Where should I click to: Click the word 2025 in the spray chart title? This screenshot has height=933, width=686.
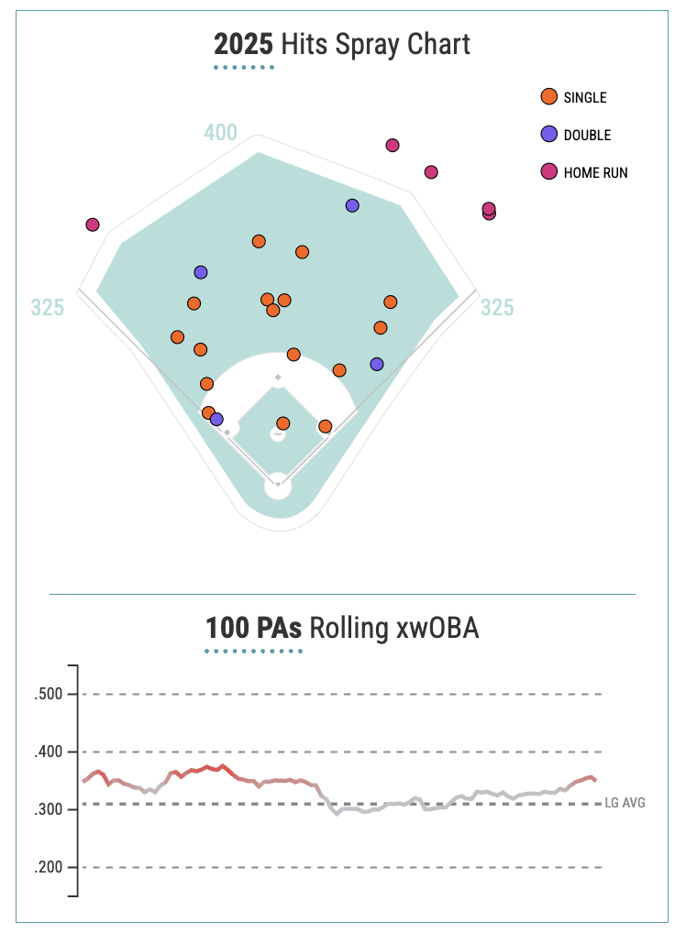[244, 44]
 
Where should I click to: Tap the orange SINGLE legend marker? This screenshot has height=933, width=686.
[549, 96]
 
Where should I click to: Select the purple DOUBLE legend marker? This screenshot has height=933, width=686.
[549, 134]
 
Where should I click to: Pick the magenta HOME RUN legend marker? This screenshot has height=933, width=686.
[549, 171]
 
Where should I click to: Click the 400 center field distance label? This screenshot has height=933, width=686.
[220, 133]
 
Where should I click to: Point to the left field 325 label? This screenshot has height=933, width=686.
[48, 308]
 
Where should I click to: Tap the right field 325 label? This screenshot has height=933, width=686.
[497, 308]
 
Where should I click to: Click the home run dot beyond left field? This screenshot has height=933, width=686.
[92, 225]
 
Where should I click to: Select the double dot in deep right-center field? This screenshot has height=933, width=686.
[352, 205]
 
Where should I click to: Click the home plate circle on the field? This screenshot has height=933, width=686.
[278, 486]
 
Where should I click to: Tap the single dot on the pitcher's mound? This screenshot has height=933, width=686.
[282, 423]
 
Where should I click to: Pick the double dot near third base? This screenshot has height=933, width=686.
[216, 420]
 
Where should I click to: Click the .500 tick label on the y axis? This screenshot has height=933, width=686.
[48, 694]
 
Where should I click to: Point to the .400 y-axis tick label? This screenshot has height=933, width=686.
[48, 752]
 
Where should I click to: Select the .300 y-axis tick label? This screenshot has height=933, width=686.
[48, 809]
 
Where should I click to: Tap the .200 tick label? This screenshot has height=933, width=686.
[48, 867]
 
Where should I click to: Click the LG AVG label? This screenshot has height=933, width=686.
[625, 803]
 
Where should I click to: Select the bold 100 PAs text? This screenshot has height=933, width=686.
[253, 629]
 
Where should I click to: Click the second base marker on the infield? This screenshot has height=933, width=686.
[278, 377]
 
